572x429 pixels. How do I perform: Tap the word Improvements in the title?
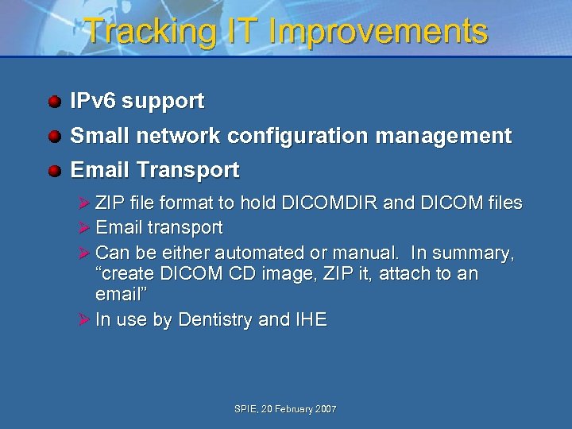point(379,32)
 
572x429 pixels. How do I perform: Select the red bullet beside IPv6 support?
point(54,102)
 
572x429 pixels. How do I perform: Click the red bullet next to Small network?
point(54,137)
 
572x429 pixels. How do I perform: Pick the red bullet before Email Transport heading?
point(54,171)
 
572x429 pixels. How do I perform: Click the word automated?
point(253,253)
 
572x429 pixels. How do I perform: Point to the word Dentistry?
point(216,320)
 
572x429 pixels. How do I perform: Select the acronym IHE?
point(311,320)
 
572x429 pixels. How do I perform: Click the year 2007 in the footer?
point(326,409)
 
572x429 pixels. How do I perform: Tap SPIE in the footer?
point(245,409)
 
